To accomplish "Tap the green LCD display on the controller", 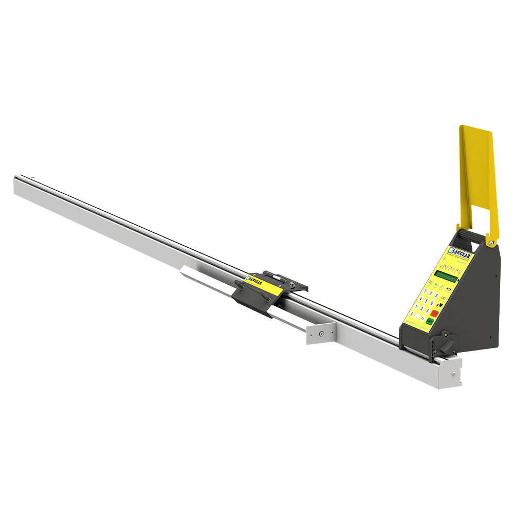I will coord(446,276).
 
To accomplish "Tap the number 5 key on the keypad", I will coord(426,301).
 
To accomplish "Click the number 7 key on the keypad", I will coord(425,291).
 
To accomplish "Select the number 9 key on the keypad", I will coord(436,295).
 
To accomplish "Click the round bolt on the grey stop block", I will coord(321,333).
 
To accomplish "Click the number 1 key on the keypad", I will coord(416,306).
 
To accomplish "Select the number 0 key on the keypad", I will coord(412,314).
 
